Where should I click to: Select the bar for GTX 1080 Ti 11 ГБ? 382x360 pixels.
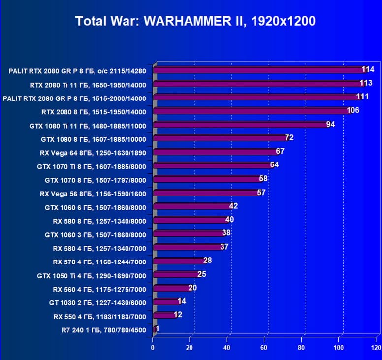pos(241,125)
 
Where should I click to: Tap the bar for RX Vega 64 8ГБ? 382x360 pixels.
pos(217,152)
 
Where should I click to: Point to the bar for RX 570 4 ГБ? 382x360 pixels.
pos(180,261)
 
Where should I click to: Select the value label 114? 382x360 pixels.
pos(368,69)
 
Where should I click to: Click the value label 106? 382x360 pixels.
pos(353,110)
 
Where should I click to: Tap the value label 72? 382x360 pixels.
pos(289,138)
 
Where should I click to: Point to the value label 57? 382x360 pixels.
pos(261,193)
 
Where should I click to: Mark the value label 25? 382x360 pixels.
pos(202,274)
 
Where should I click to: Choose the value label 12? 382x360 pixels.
pos(178,314)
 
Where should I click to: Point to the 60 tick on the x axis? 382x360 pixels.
pos(264,348)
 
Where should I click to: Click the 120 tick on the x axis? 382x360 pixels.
pos(376,348)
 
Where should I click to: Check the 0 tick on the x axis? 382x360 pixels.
pos(153,348)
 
